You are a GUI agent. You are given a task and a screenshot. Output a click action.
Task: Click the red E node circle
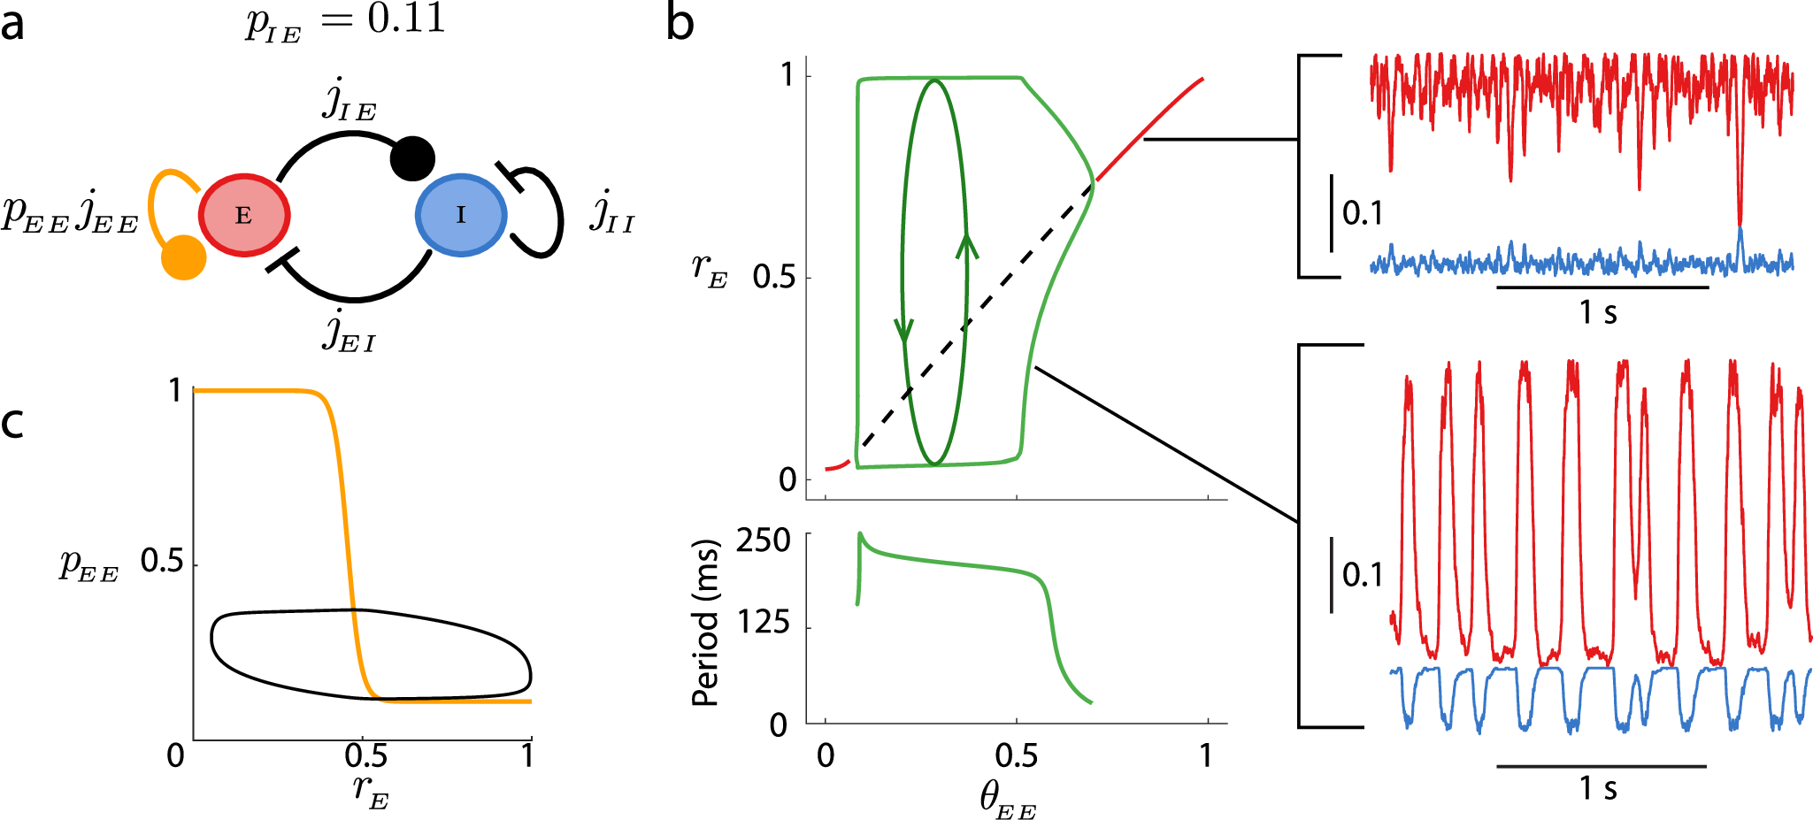tap(243, 215)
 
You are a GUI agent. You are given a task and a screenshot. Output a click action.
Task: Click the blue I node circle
tap(460, 215)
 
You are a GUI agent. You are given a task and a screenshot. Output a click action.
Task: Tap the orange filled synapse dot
tap(184, 257)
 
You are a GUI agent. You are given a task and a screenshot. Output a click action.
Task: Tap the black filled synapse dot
tap(412, 158)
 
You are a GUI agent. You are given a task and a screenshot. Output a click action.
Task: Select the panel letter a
tap(12, 25)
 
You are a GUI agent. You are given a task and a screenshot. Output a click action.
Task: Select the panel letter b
tap(680, 23)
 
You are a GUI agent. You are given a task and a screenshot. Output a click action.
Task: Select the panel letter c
tap(12, 423)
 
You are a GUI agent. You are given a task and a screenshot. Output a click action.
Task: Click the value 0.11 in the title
tap(406, 19)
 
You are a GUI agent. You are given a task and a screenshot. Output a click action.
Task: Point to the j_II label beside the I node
tap(612, 213)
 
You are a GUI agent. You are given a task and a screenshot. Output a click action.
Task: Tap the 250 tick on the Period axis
tap(763, 540)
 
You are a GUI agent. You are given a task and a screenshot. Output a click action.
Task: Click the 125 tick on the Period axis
tap(763, 625)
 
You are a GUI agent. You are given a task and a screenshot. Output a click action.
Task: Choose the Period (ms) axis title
tap(705, 623)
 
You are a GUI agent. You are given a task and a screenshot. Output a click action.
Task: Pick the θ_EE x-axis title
tap(1008, 800)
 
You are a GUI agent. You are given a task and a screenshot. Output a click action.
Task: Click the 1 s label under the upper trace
tap(1598, 312)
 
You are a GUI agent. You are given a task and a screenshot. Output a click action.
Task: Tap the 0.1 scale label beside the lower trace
tap(1363, 575)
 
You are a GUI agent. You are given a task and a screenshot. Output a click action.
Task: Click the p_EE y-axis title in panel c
tap(88, 565)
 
